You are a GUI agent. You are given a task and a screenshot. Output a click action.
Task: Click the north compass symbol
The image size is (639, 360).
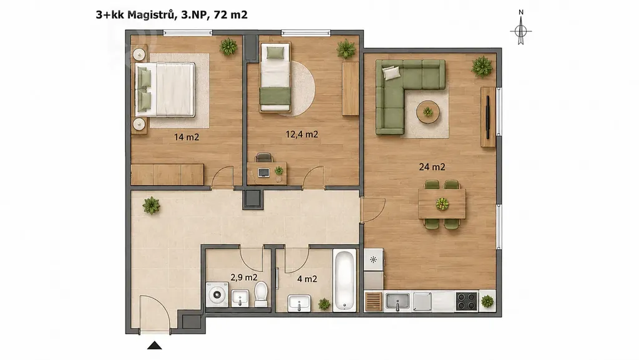[521, 29]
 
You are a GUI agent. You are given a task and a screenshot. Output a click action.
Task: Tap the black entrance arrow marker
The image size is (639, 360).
[155, 346]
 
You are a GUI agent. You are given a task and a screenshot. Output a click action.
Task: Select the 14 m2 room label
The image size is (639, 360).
[187, 137]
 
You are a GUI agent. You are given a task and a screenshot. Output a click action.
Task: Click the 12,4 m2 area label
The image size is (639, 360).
[301, 134]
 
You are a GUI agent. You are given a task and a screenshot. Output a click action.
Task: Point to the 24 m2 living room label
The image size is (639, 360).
[432, 167]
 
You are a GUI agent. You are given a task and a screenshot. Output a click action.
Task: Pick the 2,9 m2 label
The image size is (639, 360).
[244, 277]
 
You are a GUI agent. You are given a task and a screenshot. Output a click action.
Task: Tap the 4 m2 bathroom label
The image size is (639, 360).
[307, 279]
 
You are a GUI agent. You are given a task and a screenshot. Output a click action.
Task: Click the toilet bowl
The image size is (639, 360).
[261, 294]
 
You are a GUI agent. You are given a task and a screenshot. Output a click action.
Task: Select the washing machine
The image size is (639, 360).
[217, 294]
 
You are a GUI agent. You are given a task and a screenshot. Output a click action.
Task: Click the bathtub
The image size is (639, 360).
[344, 281]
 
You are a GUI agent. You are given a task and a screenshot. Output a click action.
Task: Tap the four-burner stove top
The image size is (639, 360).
[467, 301]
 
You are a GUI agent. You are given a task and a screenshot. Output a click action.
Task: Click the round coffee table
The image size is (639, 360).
[428, 111]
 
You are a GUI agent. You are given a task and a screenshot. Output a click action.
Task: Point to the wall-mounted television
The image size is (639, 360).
[487, 117]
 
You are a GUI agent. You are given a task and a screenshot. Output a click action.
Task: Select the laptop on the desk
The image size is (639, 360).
[264, 173]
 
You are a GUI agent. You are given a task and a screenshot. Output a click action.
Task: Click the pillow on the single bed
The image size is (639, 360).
[275, 52]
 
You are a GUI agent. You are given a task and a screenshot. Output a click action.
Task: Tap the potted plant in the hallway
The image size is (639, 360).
[151, 205]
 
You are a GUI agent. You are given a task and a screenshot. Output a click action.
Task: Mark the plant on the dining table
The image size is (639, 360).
[442, 203]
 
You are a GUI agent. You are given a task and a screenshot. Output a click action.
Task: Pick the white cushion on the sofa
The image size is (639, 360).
[391, 72]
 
